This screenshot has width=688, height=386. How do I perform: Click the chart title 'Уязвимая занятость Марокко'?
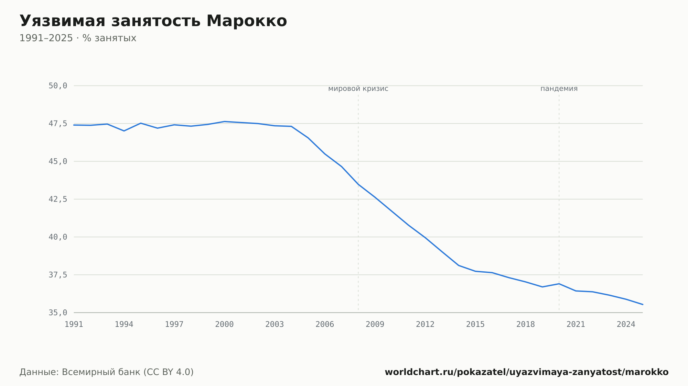(153, 21)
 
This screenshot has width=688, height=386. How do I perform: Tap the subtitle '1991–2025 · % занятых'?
(78, 38)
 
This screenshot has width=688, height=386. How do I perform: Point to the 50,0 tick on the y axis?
(58, 86)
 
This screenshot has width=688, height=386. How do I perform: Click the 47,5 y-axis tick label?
(58, 124)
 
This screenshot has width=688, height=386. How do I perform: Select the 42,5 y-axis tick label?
(58, 199)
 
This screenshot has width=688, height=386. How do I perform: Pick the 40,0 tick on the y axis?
(58, 237)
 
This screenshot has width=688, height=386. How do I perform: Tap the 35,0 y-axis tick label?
(58, 313)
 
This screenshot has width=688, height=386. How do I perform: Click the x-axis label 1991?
(74, 325)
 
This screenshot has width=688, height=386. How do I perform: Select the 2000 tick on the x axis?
(224, 325)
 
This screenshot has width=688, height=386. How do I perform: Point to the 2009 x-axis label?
(375, 325)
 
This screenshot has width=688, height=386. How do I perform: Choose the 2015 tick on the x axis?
(475, 325)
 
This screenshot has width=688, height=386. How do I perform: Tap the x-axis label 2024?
(626, 325)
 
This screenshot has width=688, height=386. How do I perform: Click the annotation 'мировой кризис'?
(358, 89)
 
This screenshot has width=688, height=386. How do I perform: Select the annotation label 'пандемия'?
(559, 89)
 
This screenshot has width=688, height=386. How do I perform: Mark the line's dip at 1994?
(124, 131)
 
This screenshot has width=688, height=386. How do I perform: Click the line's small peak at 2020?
(559, 284)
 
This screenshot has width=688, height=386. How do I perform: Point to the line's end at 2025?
(643, 304)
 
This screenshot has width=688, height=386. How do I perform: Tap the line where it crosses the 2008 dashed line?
(358, 184)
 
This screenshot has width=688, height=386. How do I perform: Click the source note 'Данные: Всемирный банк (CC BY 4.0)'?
(107, 372)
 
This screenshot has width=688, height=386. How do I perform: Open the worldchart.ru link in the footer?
(527, 372)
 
